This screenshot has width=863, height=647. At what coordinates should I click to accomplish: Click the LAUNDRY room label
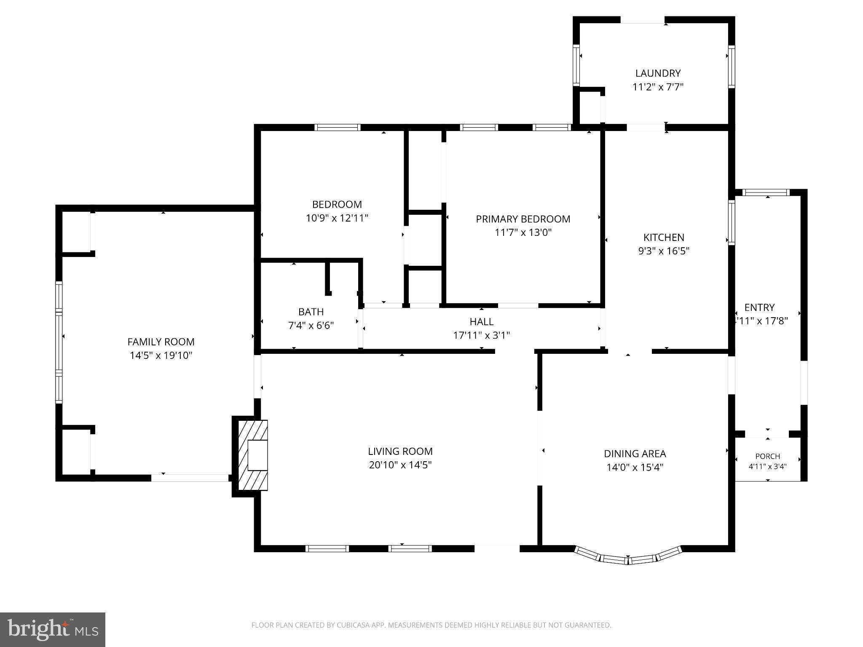pyautogui.click(x=658, y=73)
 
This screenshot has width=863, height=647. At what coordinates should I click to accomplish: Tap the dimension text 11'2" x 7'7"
pyautogui.click(x=658, y=87)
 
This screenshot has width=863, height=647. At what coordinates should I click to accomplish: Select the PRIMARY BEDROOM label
pyautogui.click(x=523, y=219)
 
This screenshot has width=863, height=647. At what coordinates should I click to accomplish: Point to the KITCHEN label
pyautogui.click(x=664, y=237)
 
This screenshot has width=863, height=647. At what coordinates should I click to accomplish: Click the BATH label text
pyautogui.click(x=311, y=312)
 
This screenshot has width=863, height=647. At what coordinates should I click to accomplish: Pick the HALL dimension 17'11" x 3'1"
pyautogui.click(x=482, y=335)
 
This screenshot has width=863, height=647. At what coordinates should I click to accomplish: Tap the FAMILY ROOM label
pyautogui.click(x=161, y=342)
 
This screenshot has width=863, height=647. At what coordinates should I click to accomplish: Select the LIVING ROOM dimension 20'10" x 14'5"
pyautogui.click(x=400, y=465)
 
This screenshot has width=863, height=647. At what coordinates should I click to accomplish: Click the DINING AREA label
pyautogui.click(x=635, y=454)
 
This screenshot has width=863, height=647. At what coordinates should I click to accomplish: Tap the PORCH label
pyautogui.click(x=767, y=456)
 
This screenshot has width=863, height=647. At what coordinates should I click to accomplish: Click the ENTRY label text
pyautogui.click(x=759, y=307)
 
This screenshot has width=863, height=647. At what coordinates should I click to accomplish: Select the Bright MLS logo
pyautogui.click(x=53, y=630)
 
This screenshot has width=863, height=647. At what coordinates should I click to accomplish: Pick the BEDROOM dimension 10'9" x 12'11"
pyautogui.click(x=337, y=218)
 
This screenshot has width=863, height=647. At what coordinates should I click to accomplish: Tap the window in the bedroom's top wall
pyautogui.click(x=338, y=127)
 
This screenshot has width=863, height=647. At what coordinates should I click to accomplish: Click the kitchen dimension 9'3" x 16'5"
pyautogui.click(x=664, y=251)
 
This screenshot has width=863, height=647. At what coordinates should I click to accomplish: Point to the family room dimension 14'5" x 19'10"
pyautogui.click(x=161, y=356)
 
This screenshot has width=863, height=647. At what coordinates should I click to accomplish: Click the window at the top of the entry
pyautogui.click(x=767, y=192)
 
